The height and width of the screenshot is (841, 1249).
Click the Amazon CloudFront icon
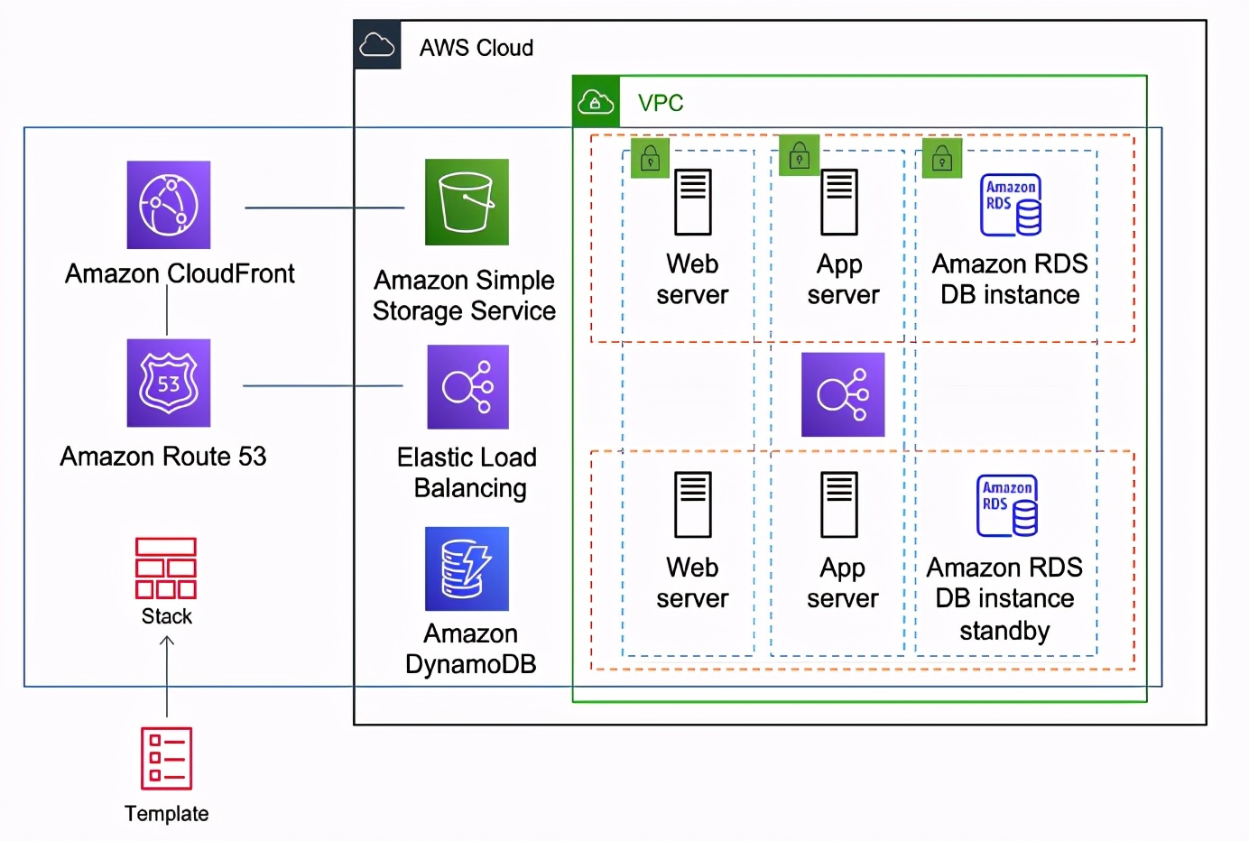[x=169, y=205]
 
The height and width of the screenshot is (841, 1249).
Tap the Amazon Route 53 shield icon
[x=169, y=383]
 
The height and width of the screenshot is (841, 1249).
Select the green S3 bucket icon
[x=467, y=202]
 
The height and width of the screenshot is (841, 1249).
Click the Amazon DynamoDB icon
[x=467, y=568]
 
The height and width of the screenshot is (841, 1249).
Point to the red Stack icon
[x=166, y=568]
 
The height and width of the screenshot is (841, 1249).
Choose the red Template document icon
[x=167, y=758]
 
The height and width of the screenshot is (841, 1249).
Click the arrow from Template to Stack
[x=167, y=677]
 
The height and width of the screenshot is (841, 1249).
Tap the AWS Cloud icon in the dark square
[x=377, y=45]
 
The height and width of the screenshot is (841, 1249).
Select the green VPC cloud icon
[x=596, y=102]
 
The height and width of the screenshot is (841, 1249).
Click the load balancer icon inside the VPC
[x=843, y=394]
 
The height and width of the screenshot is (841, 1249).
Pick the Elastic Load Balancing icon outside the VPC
[x=467, y=387]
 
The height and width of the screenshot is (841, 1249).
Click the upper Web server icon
[x=693, y=202]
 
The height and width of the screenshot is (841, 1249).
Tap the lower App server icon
[x=839, y=504]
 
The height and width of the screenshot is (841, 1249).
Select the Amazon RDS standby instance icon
[x=1007, y=505]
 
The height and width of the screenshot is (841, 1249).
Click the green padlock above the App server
[x=800, y=156]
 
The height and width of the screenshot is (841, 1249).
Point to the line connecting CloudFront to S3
[x=325, y=208]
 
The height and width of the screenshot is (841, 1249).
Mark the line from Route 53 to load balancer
[x=323, y=385]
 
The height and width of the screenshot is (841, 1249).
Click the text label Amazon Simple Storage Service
[x=465, y=295]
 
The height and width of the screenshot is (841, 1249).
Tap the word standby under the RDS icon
[x=1004, y=630]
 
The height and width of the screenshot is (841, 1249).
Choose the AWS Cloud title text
[x=476, y=48]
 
